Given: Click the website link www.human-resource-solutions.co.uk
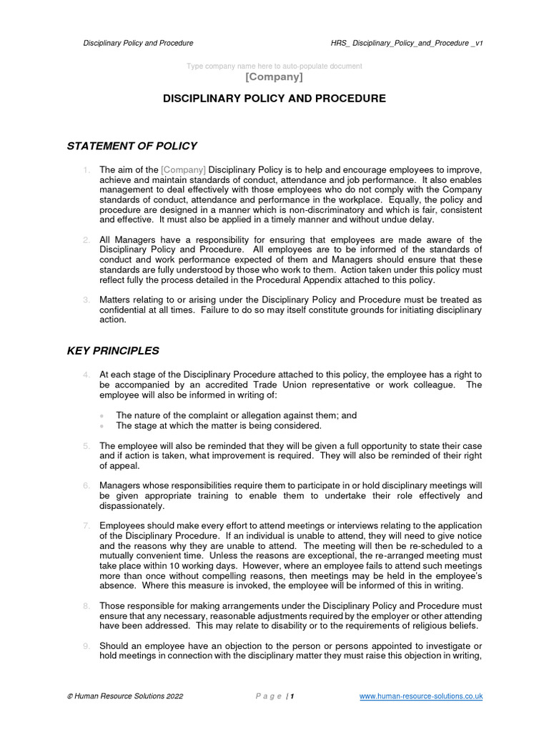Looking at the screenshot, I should (421, 696).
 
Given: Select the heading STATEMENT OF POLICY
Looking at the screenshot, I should (132, 146).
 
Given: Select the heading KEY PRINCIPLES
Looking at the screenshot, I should (113, 350).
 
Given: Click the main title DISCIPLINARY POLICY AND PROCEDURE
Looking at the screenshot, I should (274, 99).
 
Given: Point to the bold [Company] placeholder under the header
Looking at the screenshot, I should (274, 76).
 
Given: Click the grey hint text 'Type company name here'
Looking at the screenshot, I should (274, 66).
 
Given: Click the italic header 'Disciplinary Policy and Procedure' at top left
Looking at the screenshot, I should (138, 43).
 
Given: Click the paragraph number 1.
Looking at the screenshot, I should (86, 169).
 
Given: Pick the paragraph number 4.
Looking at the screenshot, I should (86, 374).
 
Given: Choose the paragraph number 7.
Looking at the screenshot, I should (86, 525).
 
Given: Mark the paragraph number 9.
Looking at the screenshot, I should (86, 646).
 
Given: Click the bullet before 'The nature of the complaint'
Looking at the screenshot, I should (103, 415).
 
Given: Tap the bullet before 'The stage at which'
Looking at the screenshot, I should (103, 425).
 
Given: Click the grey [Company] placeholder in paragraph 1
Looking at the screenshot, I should (184, 169).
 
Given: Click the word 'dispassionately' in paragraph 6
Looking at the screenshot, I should (132, 506).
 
